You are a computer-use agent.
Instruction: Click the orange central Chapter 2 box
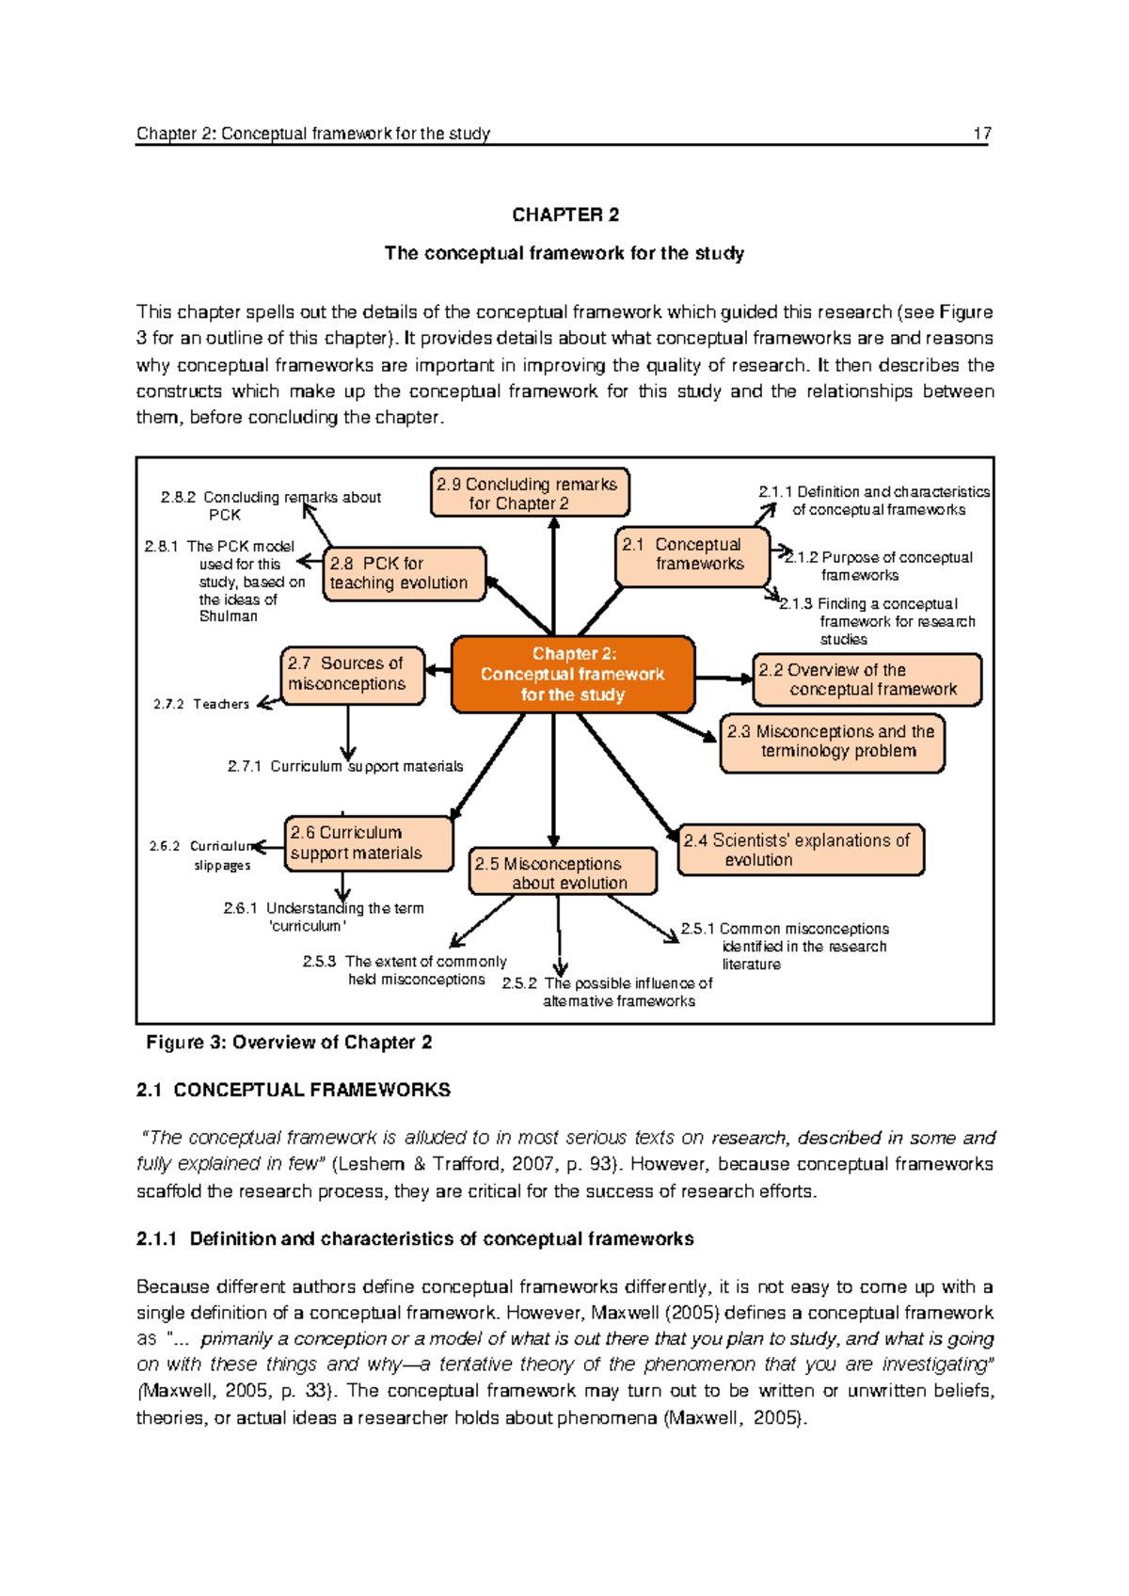573,675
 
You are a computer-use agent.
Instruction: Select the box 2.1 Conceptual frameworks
693,555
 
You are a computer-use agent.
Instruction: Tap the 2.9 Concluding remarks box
529,493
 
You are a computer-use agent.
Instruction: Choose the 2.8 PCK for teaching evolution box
404,573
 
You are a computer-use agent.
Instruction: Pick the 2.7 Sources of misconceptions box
352,675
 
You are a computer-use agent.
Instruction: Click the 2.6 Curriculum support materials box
368,843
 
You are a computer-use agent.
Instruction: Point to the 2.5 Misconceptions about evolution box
563,872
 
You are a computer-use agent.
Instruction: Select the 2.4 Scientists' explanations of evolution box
800,850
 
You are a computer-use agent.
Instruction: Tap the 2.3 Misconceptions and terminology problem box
832,742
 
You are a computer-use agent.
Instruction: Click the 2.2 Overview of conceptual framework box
867,679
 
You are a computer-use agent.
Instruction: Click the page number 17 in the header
981,134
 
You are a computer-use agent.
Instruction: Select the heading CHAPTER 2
565,215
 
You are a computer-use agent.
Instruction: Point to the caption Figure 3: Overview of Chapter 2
289,1043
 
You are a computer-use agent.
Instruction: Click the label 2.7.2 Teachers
201,704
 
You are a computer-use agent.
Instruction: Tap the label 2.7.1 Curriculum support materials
345,767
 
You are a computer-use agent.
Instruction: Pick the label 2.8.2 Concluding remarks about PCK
270,505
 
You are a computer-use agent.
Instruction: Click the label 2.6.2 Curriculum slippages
202,855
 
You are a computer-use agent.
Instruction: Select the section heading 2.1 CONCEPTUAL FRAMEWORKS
293,1090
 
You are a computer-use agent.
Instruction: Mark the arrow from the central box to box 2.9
554,574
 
